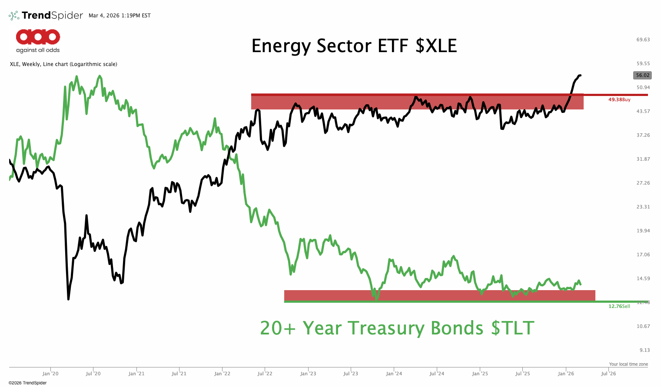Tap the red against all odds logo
coord(38,37)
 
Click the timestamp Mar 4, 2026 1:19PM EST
coord(120,16)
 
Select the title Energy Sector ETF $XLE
coord(354,46)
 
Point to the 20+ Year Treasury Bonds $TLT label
coord(397,328)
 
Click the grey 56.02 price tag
coord(642,75)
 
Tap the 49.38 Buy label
coord(619,99)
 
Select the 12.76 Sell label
coord(619,306)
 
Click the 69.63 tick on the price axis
coord(643,40)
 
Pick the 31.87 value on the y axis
coord(643,159)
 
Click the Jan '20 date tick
coord(50,374)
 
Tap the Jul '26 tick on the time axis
coord(608,374)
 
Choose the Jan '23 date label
coord(308,374)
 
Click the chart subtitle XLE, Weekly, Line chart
coord(63,64)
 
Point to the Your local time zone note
coord(628,364)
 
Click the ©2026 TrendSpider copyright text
coord(27,383)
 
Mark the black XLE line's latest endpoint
coord(581,75)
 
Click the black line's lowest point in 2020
coord(68,299)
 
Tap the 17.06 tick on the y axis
coord(643,255)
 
